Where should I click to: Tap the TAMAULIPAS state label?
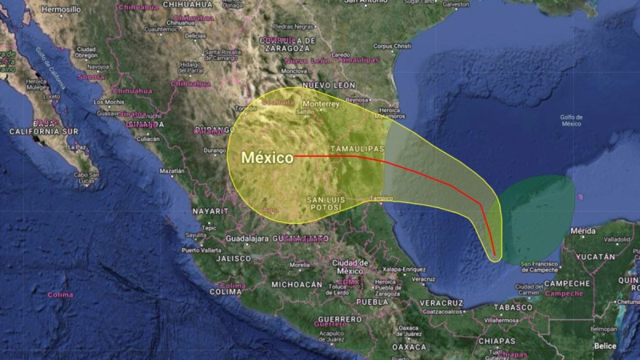(357, 150)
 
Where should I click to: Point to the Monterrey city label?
(321, 104)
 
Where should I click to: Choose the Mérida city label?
(583, 230)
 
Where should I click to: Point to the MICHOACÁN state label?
(297, 285)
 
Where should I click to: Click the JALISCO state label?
(234, 259)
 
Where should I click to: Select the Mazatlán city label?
(172, 171)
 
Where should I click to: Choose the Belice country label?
(606, 346)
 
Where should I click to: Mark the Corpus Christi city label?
(390, 46)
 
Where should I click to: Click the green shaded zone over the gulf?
(538, 216)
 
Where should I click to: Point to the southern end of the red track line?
(494, 257)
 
